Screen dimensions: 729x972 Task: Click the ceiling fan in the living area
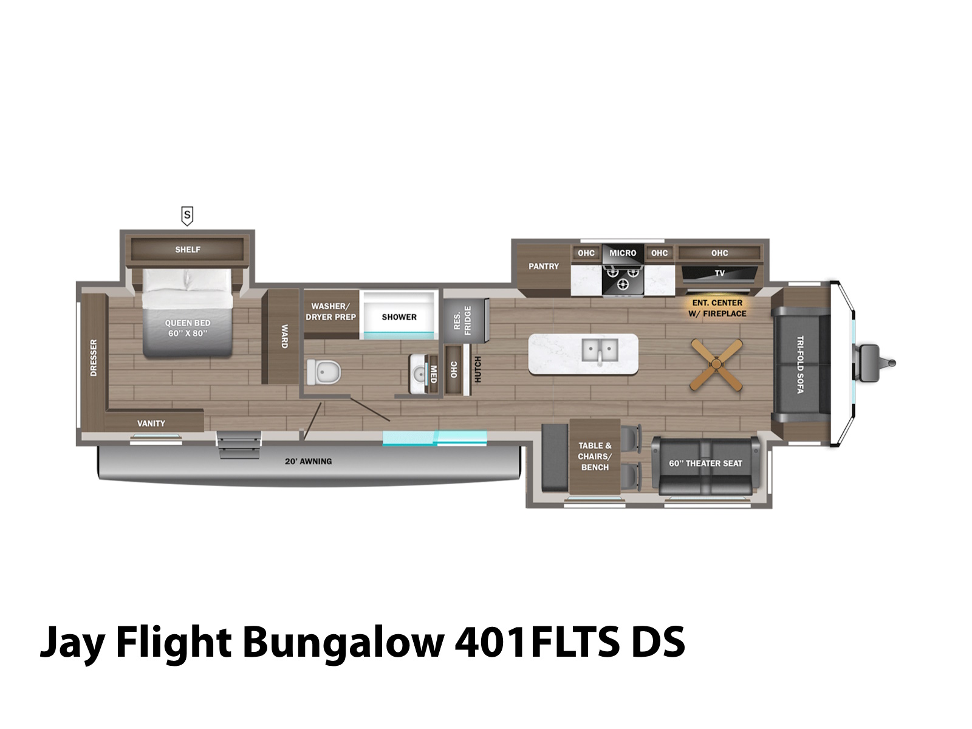[716, 364]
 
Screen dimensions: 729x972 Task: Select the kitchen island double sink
[600, 351]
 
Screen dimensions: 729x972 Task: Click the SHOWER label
[399, 317]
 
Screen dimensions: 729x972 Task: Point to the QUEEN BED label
[188, 328]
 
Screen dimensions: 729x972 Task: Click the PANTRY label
[543, 266]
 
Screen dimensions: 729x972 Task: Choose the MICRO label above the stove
[623, 253]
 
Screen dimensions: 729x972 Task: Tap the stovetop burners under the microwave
[623, 278]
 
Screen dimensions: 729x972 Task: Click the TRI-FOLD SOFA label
[800, 364]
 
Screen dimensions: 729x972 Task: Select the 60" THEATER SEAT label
[705, 464]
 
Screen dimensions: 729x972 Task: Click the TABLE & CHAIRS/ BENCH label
[595, 456]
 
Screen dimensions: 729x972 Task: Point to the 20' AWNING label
[308, 462]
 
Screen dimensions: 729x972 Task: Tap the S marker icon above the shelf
[187, 215]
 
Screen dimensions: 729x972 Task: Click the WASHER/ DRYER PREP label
[330, 312]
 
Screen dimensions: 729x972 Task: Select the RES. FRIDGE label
[462, 320]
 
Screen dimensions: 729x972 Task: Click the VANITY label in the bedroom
[151, 423]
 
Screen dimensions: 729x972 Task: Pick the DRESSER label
[94, 358]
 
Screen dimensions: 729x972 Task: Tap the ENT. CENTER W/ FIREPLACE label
[717, 308]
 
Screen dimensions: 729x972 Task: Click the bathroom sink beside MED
[419, 373]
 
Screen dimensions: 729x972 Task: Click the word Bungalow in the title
[343, 642]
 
